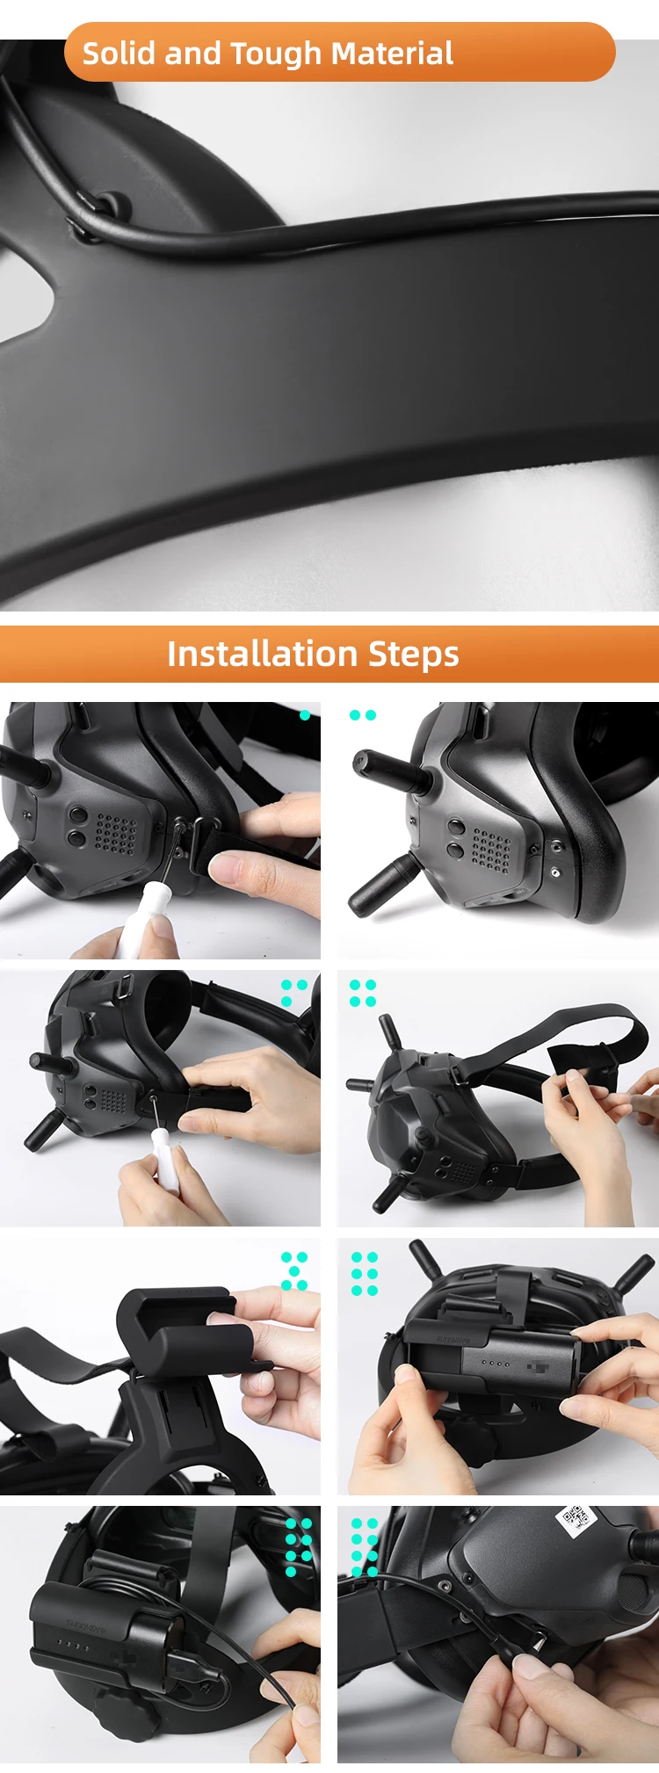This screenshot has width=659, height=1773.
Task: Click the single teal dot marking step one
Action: (x=305, y=715)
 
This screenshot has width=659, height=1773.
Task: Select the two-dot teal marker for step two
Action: (x=362, y=715)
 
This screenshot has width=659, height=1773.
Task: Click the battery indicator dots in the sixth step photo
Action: (x=496, y=1364)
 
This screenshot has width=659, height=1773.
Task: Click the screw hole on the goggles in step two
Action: (x=554, y=872)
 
